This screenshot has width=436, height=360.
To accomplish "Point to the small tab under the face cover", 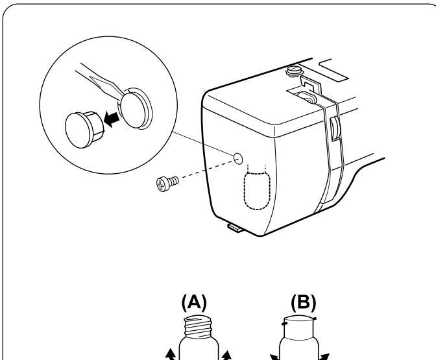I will coord(234,226).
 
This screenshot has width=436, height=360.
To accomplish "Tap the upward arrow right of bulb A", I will coord(226,354).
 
